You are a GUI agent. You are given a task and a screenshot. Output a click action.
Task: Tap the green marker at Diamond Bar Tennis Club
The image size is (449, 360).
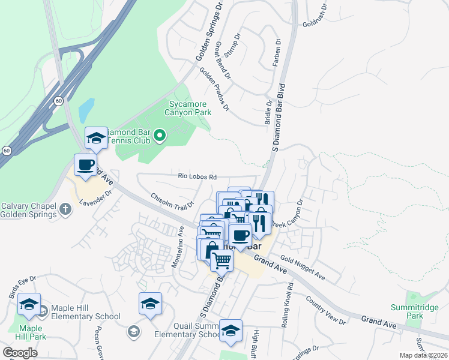click(x=159, y=137)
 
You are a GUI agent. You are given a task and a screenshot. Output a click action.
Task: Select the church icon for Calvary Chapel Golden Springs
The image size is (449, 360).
click(x=66, y=209)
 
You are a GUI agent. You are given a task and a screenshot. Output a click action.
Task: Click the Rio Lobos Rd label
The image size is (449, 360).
click(x=197, y=176)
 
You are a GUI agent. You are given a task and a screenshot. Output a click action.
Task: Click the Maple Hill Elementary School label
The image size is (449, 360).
click(x=86, y=316)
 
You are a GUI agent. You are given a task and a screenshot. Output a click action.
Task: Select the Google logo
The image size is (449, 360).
click(x=20, y=352)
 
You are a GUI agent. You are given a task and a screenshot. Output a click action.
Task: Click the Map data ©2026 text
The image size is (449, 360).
click(x=424, y=355)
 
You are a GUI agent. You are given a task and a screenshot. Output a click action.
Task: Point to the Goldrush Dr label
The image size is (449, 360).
click(x=316, y=19)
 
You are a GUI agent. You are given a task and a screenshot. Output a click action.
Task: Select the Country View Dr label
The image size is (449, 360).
click(x=325, y=310)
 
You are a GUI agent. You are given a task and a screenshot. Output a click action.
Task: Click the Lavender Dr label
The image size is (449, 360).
click(x=99, y=199)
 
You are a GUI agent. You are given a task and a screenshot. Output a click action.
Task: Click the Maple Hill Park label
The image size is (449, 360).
click(x=30, y=332)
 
